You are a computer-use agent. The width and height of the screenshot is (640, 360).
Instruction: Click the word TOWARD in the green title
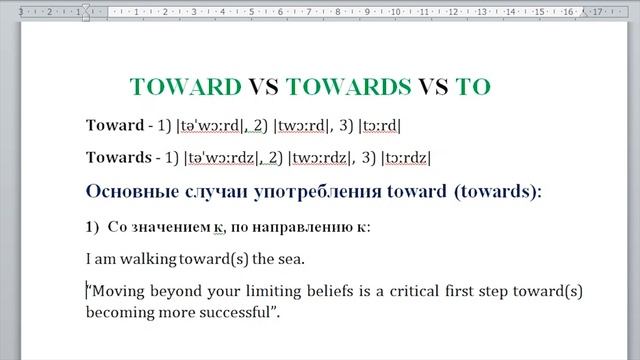coord(186,86)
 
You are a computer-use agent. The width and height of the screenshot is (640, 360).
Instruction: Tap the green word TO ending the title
coord(473,86)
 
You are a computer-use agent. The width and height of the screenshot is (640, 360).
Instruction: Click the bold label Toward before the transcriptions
coord(115,126)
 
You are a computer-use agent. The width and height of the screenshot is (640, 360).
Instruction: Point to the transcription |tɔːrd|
coord(379,126)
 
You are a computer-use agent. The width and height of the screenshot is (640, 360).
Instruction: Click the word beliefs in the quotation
coord(329,291)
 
